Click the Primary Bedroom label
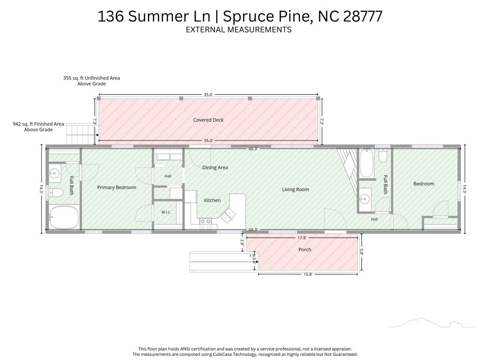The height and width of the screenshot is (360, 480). point(117,187)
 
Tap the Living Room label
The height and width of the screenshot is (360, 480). point(296,190)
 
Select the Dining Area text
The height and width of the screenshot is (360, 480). point(215,168)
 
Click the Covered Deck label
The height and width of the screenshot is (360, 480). point(208,120)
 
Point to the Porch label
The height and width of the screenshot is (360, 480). point(305,250)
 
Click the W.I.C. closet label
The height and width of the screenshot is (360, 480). point(166,212)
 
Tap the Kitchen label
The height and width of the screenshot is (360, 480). point(212,200)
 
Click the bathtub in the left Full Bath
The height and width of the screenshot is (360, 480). point(64,217)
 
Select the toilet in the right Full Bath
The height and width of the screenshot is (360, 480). point(383,155)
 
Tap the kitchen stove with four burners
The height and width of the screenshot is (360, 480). point(206,223)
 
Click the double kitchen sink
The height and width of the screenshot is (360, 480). point(228,214)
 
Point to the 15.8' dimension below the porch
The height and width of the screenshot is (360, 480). point(308,274)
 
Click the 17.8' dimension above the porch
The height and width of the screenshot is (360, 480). point(302,238)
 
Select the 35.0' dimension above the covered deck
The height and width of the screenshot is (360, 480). point(208,95)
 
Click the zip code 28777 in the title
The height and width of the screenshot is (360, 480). point(363,16)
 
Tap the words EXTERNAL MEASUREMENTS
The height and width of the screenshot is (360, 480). point(238,30)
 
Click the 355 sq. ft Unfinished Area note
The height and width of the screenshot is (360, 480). point(91,81)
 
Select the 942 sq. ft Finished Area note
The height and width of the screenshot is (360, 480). point(38,127)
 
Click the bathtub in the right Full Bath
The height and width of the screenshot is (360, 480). point(366,163)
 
